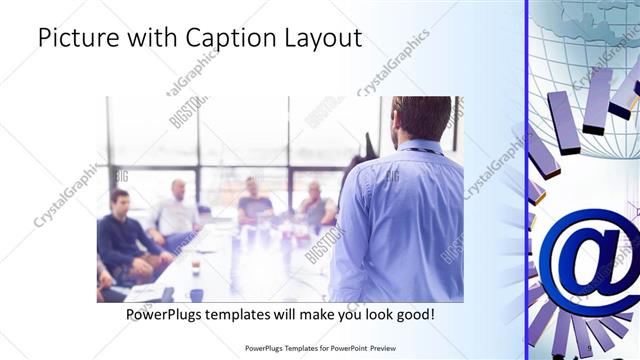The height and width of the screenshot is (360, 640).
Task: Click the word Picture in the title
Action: point(75,38)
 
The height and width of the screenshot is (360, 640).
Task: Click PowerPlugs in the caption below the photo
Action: point(166,314)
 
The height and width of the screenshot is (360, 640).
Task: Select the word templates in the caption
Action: point(245,314)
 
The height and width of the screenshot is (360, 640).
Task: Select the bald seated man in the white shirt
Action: point(177,210)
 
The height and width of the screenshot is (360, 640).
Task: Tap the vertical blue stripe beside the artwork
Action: point(527,180)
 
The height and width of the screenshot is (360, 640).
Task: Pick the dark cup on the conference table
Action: point(197,294)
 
